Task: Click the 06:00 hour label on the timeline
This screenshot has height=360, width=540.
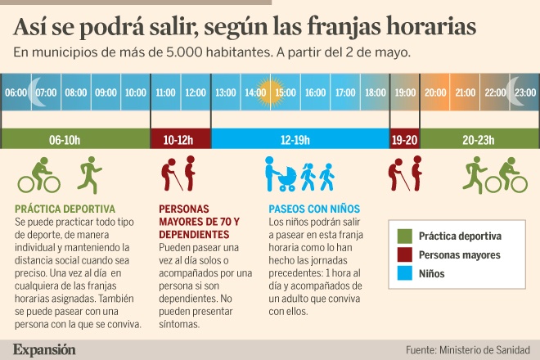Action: [x=16, y=92]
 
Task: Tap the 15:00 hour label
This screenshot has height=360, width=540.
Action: [x=286, y=92]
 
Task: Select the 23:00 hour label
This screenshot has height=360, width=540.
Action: [x=525, y=92]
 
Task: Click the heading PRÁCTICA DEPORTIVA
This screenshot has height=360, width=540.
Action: [x=65, y=209]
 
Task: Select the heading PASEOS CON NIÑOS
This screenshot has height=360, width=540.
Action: [x=315, y=209]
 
